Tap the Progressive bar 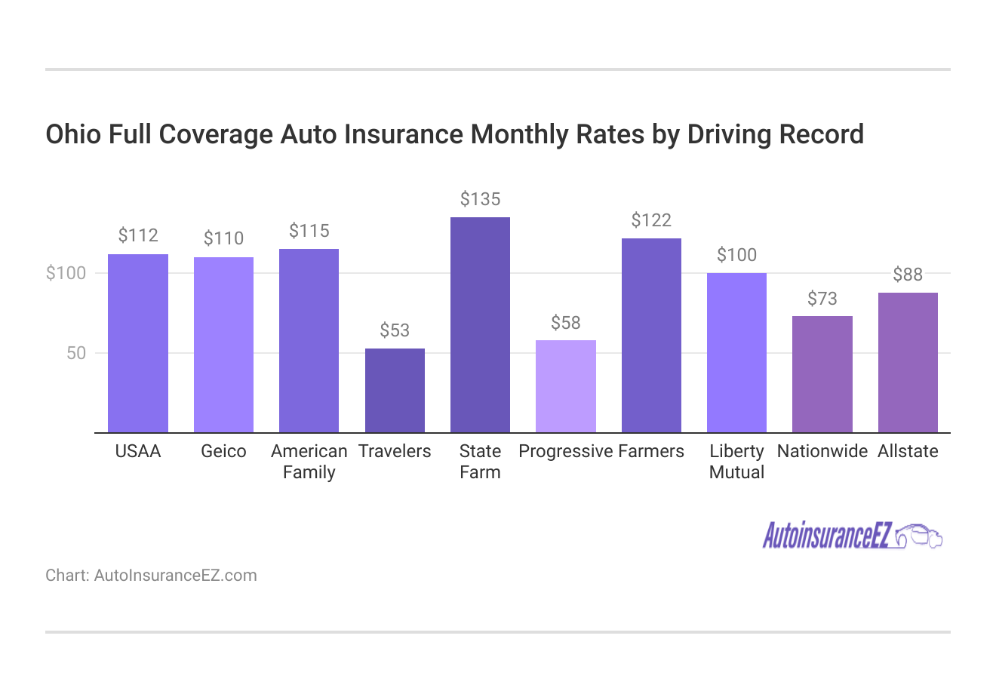point(565,386)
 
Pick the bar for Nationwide point(822,374)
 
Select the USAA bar point(138,343)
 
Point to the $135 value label point(480,199)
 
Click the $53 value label point(395,330)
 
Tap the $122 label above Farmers point(650,220)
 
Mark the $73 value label point(822,299)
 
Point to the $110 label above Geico point(223,238)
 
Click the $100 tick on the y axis point(66,273)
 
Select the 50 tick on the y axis point(76,353)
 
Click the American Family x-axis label point(309,462)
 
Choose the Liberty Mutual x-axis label point(736,462)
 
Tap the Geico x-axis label point(223,451)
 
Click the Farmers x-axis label point(650,451)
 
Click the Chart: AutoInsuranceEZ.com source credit point(151,576)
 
